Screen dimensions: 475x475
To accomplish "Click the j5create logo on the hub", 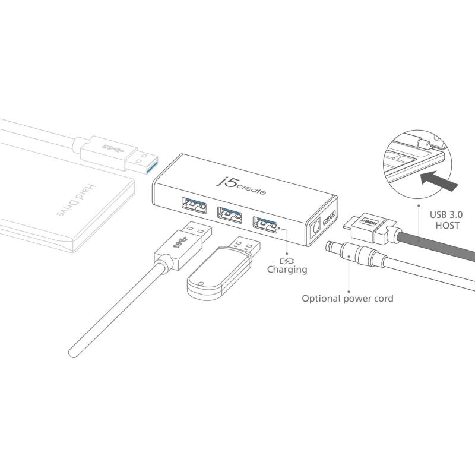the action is [x=241, y=186].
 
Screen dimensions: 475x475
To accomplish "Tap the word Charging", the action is [x=287, y=270].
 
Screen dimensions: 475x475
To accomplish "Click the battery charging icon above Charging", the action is [x=287, y=261].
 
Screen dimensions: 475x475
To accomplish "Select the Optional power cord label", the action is [x=347, y=299].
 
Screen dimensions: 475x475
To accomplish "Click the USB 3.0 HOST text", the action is [x=446, y=220].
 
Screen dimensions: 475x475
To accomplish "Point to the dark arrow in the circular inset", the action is [x=439, y=181].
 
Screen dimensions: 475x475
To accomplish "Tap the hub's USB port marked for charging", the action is [x=265, y=224].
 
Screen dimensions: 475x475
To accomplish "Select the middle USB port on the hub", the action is [x=229, y=215].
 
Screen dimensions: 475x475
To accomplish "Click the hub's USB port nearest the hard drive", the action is [x=194, y=205].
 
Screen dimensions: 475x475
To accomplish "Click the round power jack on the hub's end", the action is [x=316, y=228].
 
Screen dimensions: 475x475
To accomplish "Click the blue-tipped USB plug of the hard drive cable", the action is [x=142, y=163].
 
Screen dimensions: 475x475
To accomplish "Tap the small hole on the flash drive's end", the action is [x=200, y=284].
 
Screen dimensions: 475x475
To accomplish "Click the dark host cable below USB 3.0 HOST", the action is [x=436, y=245].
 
